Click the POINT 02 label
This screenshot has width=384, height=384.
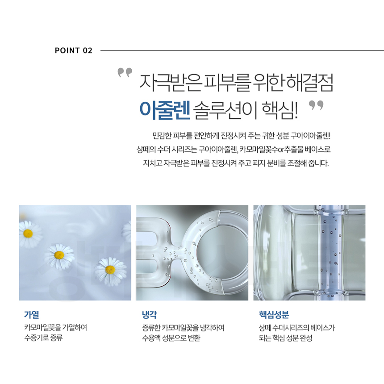pyautogui.click(x=74, y=50)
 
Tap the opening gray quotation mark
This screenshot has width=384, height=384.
pyautogui.click(x=125, y=72)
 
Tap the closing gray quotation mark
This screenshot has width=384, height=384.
pyautogui.click(x=316, y=105)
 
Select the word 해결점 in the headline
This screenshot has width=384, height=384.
pyautogui.click(x=309, y=83)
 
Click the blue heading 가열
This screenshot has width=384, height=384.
pyautogui.click(x=32, y=314)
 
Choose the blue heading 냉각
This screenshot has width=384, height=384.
pyautogui.click(x=150, y=314)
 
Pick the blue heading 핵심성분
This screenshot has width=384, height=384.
pyautogui.click(x=274, y=314)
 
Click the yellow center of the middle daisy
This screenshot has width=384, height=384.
pyautogui.click(x=59, y=255)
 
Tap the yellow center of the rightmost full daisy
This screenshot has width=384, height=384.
pyautogui.click(x=110, y=270)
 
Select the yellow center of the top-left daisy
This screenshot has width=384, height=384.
pyautogui.click(x=28, y=234)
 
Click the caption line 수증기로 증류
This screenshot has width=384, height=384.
pyautogui.click(x=44, y=338)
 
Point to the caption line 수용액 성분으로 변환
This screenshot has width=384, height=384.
pyautogui.click(x=171, y=338)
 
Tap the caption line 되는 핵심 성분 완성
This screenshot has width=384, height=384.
pyautogui.click(x=286, y=338)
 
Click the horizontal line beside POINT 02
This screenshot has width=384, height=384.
pyautogui.click(x=242, y=50)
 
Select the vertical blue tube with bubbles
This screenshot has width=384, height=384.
pyautogui.click(x=330, y=252)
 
